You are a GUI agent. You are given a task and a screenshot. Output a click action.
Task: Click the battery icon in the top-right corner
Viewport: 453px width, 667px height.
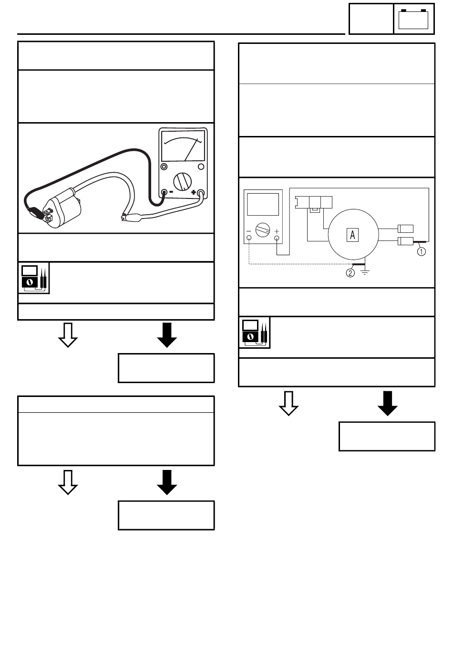[413, 19]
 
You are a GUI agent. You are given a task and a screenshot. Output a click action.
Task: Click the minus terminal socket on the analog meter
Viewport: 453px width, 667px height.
[165, 193]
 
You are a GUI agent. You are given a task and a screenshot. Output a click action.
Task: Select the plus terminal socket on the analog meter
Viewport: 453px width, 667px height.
[201, 193]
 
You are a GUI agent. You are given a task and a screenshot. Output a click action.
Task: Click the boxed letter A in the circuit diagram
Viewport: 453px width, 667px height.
[352, 234]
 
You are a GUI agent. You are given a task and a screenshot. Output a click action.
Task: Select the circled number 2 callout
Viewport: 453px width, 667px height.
[350, 273]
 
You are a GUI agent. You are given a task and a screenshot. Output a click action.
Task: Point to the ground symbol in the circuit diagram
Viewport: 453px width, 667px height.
[365, 273]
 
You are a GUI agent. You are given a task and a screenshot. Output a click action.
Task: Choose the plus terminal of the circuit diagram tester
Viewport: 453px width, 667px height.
[277, 237]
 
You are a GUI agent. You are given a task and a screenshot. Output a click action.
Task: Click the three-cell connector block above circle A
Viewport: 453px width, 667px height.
[314, 202]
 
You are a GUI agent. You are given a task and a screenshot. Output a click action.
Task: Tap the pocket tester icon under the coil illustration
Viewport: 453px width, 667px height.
[33, 277]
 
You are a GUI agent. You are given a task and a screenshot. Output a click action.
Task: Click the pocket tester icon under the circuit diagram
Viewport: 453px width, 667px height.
[254, 332]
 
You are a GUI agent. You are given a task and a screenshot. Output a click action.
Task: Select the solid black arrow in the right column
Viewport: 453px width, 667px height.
[387, 403]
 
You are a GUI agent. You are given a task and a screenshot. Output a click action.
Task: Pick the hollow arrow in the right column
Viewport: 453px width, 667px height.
[288, 403]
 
